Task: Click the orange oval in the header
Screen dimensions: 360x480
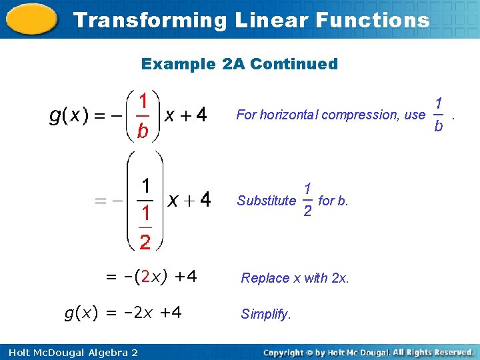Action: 31,19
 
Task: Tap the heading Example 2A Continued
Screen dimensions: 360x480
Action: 239,64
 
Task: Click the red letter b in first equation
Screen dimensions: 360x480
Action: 142,132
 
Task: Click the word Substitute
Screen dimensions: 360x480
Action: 267,200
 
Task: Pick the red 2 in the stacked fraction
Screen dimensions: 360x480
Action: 145,241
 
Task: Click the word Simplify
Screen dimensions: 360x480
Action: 266,314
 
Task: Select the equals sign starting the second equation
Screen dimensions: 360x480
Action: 101,199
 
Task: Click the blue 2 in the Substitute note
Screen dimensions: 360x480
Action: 307,211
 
